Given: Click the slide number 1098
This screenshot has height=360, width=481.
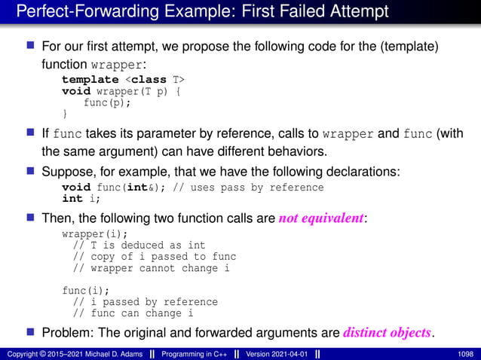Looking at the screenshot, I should (465, 352).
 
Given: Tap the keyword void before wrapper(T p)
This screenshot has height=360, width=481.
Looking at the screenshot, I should (76, 90).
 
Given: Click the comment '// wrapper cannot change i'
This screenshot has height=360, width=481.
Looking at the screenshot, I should (151, 267).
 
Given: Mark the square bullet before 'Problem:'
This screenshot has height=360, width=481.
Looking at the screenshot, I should (31, 331).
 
